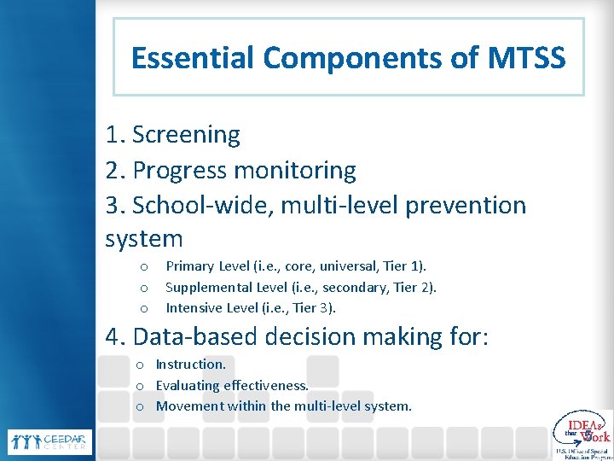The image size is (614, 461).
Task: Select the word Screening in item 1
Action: (186, 135)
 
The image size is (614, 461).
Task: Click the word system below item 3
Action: (143, 239)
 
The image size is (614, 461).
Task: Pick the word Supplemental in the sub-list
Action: (208, 288)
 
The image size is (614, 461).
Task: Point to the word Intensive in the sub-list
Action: (193, 307)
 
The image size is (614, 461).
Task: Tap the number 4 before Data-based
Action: (113, 337)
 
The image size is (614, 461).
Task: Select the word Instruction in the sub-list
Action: (189, 365)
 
